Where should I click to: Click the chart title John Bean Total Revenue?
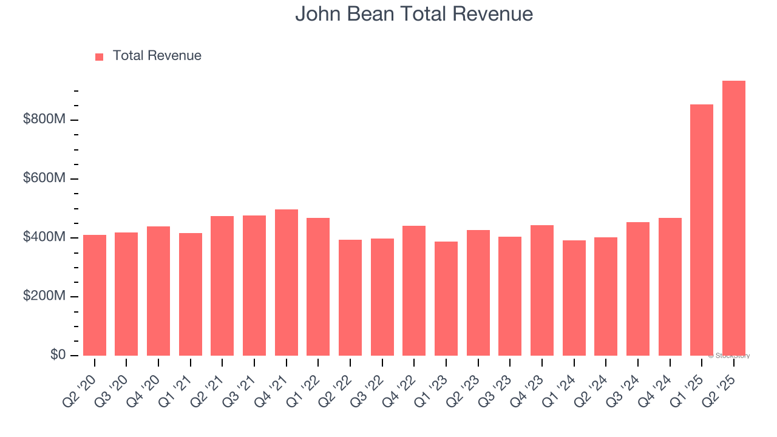414,14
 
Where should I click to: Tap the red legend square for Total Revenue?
100,56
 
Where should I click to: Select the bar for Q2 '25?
733,218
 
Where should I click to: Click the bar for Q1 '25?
702,230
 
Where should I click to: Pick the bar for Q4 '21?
287,282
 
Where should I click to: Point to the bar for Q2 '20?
95,295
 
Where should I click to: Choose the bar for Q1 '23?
446,299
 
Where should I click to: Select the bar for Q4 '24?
670,286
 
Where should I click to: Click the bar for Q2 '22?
350,297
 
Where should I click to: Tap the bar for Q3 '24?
638,289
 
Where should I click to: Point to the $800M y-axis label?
44,120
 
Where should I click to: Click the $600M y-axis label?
44,178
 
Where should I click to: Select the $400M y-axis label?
44,237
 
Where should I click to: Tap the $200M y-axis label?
44,296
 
